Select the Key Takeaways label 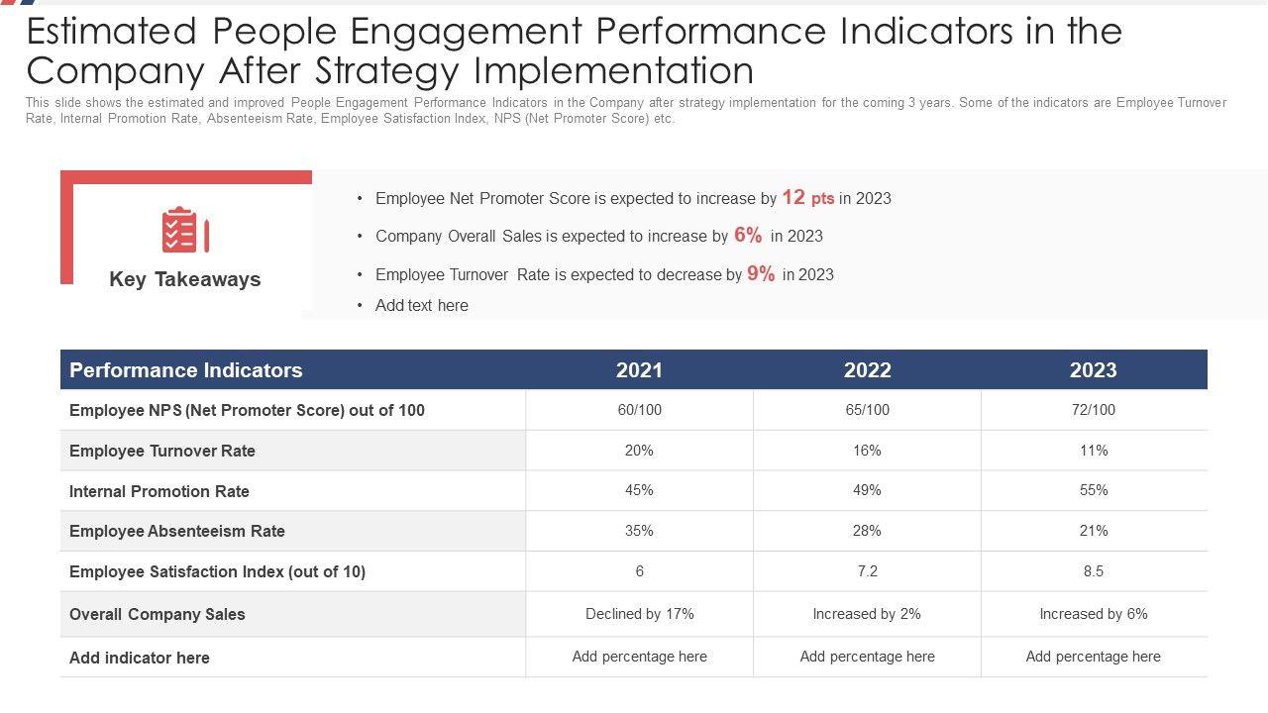185,279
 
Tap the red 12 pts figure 807,198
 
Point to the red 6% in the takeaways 748,236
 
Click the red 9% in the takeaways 761,274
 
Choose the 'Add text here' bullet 421,306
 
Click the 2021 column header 639,370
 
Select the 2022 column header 867,370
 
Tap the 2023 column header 1093,370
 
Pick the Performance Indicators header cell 186,370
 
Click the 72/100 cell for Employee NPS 1094,410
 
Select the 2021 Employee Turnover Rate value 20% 639,451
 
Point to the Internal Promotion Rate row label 159,491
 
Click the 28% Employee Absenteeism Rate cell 867,531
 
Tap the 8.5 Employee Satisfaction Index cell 1094,571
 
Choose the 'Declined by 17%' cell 639,614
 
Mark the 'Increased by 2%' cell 867,614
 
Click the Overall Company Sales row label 158,614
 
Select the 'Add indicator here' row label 140,658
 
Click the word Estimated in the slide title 112,33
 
